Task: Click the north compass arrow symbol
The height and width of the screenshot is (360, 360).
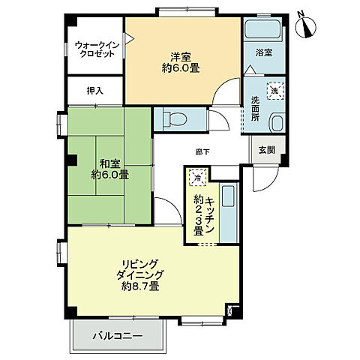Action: (307, 28)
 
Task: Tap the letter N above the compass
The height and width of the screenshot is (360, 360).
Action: (300, 12)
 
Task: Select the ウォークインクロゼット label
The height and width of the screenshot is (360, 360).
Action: (97, 50)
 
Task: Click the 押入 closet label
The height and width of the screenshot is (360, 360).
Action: (94, 91)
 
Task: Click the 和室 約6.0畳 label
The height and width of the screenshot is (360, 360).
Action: (109, 169)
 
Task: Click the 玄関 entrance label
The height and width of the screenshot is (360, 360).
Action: (266, 149)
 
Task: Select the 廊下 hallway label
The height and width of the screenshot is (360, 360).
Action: (202, 152)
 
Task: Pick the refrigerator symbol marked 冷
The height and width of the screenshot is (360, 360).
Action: (196, 179)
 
